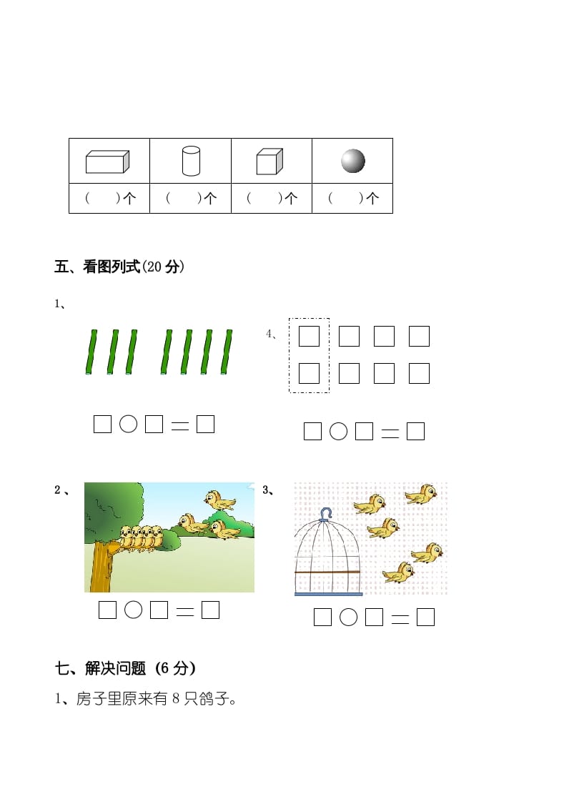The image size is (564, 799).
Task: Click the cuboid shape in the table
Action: (107, 162)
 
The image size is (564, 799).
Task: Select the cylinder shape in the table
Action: (190, 161)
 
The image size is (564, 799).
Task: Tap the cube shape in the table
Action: (269, 162)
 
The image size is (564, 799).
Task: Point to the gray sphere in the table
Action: (352, 161)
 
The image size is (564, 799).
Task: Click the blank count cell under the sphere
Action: (352, 199)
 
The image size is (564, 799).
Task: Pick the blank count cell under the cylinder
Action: (190, 199)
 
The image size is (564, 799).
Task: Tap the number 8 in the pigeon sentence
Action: (176, 699)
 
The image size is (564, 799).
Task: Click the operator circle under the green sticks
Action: (128, 424)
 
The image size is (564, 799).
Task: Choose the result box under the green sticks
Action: (205, 424)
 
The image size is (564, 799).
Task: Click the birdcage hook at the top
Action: (326, 513)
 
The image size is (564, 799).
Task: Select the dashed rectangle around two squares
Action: (309, 354)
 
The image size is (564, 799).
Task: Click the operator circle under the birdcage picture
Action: (348, 617)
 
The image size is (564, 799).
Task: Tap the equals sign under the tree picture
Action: (184, 611)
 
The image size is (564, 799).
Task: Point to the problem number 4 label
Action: (270, 334)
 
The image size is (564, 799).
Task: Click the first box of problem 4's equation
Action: (312, 431)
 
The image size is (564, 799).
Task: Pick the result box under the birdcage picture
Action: (425, 617)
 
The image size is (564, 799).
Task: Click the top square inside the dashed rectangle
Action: (309, 336)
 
